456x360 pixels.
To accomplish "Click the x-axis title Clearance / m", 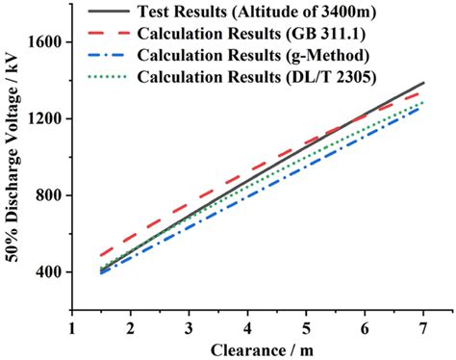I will click(x=248, y=349).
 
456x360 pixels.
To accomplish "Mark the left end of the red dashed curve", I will click(x=102, y=255).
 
